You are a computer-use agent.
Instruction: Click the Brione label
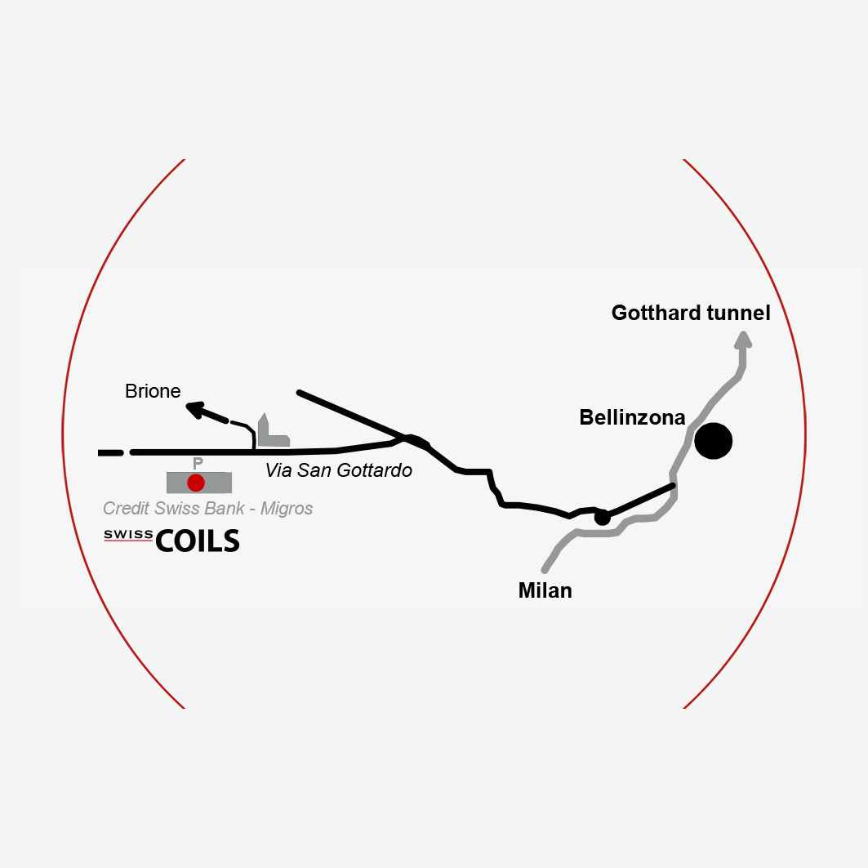153,391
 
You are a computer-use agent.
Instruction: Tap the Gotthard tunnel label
691,314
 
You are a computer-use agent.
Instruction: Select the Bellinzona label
632,417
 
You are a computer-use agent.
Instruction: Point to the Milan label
545,590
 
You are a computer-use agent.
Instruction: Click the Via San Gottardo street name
338,470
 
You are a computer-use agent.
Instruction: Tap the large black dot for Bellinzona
714,441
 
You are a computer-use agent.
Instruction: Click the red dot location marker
196,483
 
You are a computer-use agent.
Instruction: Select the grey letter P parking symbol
198,463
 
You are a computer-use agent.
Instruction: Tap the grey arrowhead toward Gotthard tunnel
743,340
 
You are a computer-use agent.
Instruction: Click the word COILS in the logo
198,541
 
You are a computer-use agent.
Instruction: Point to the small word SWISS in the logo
128,535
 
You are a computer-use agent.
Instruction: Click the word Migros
287,508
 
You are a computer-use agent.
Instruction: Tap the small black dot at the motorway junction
603,518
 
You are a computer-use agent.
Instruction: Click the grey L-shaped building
273,432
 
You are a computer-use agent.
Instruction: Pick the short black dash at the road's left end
111,453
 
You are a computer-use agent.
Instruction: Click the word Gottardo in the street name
374,470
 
